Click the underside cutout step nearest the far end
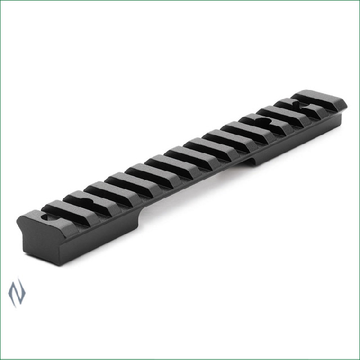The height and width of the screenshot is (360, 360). (253, 161)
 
